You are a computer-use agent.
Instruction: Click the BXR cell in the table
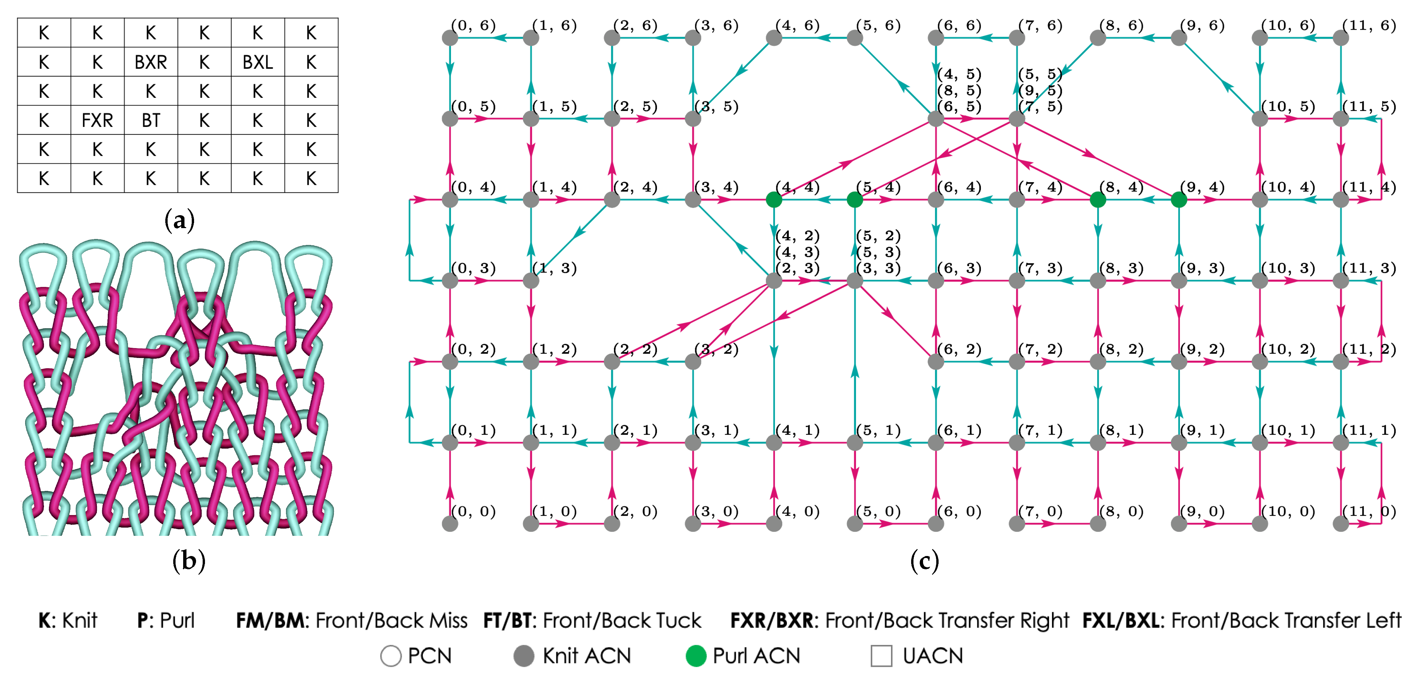151,62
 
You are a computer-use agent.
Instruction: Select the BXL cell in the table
258,62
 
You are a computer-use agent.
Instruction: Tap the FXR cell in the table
97,120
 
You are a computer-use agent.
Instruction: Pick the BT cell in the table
151,120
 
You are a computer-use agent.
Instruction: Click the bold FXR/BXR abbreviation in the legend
771,620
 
